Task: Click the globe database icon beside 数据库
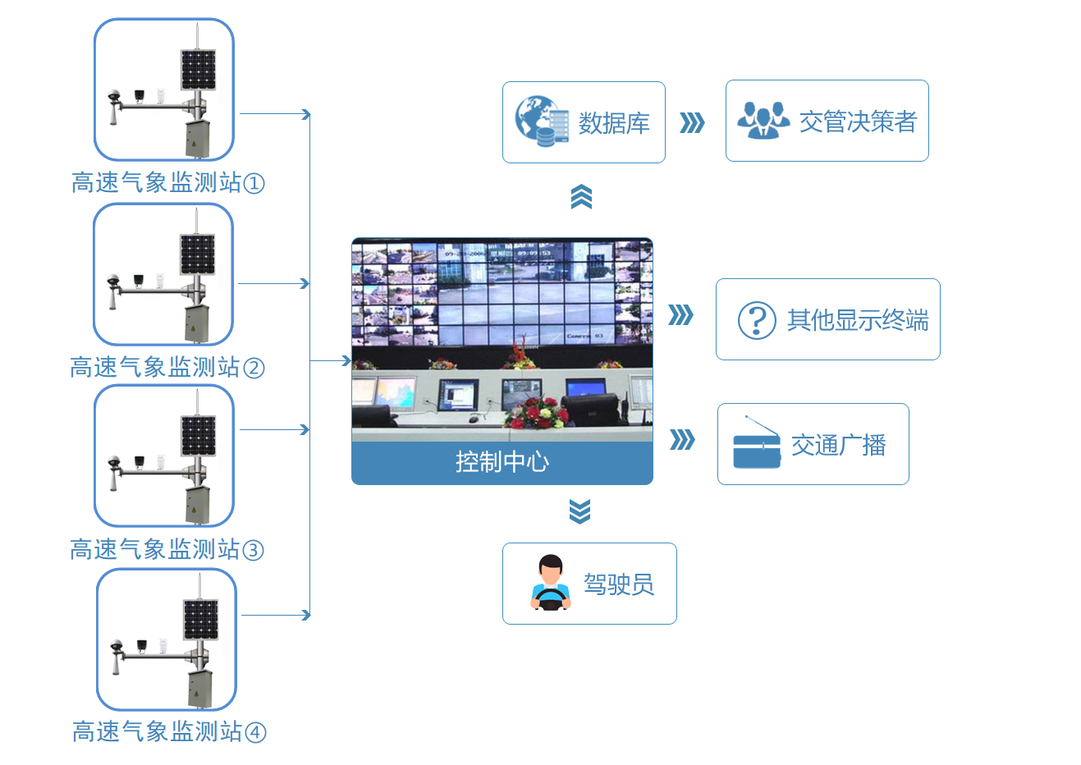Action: coord(542,121)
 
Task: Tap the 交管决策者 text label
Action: coord(858,121)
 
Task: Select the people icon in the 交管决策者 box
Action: coord(763,121)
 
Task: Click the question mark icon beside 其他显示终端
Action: coord(757,320)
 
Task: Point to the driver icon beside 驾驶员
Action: coord(551,584)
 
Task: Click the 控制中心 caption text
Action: coord(502,462)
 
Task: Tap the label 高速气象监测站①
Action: coord(167,182)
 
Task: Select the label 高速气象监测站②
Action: coord(167,367)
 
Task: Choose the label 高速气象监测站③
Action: coord(167,549)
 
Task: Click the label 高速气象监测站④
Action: coord(168,731)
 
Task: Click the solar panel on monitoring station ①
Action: coord(199,70)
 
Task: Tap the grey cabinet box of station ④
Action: coord(199,688)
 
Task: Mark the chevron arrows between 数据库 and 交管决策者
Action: coord(693,123)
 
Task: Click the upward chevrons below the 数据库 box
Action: coord(581,197)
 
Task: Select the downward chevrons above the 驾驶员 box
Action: coord(579,511)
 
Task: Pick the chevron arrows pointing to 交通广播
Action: coord(682,440)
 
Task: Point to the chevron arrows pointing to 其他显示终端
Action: coord(680,315)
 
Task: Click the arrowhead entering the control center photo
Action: coord(347,360)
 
